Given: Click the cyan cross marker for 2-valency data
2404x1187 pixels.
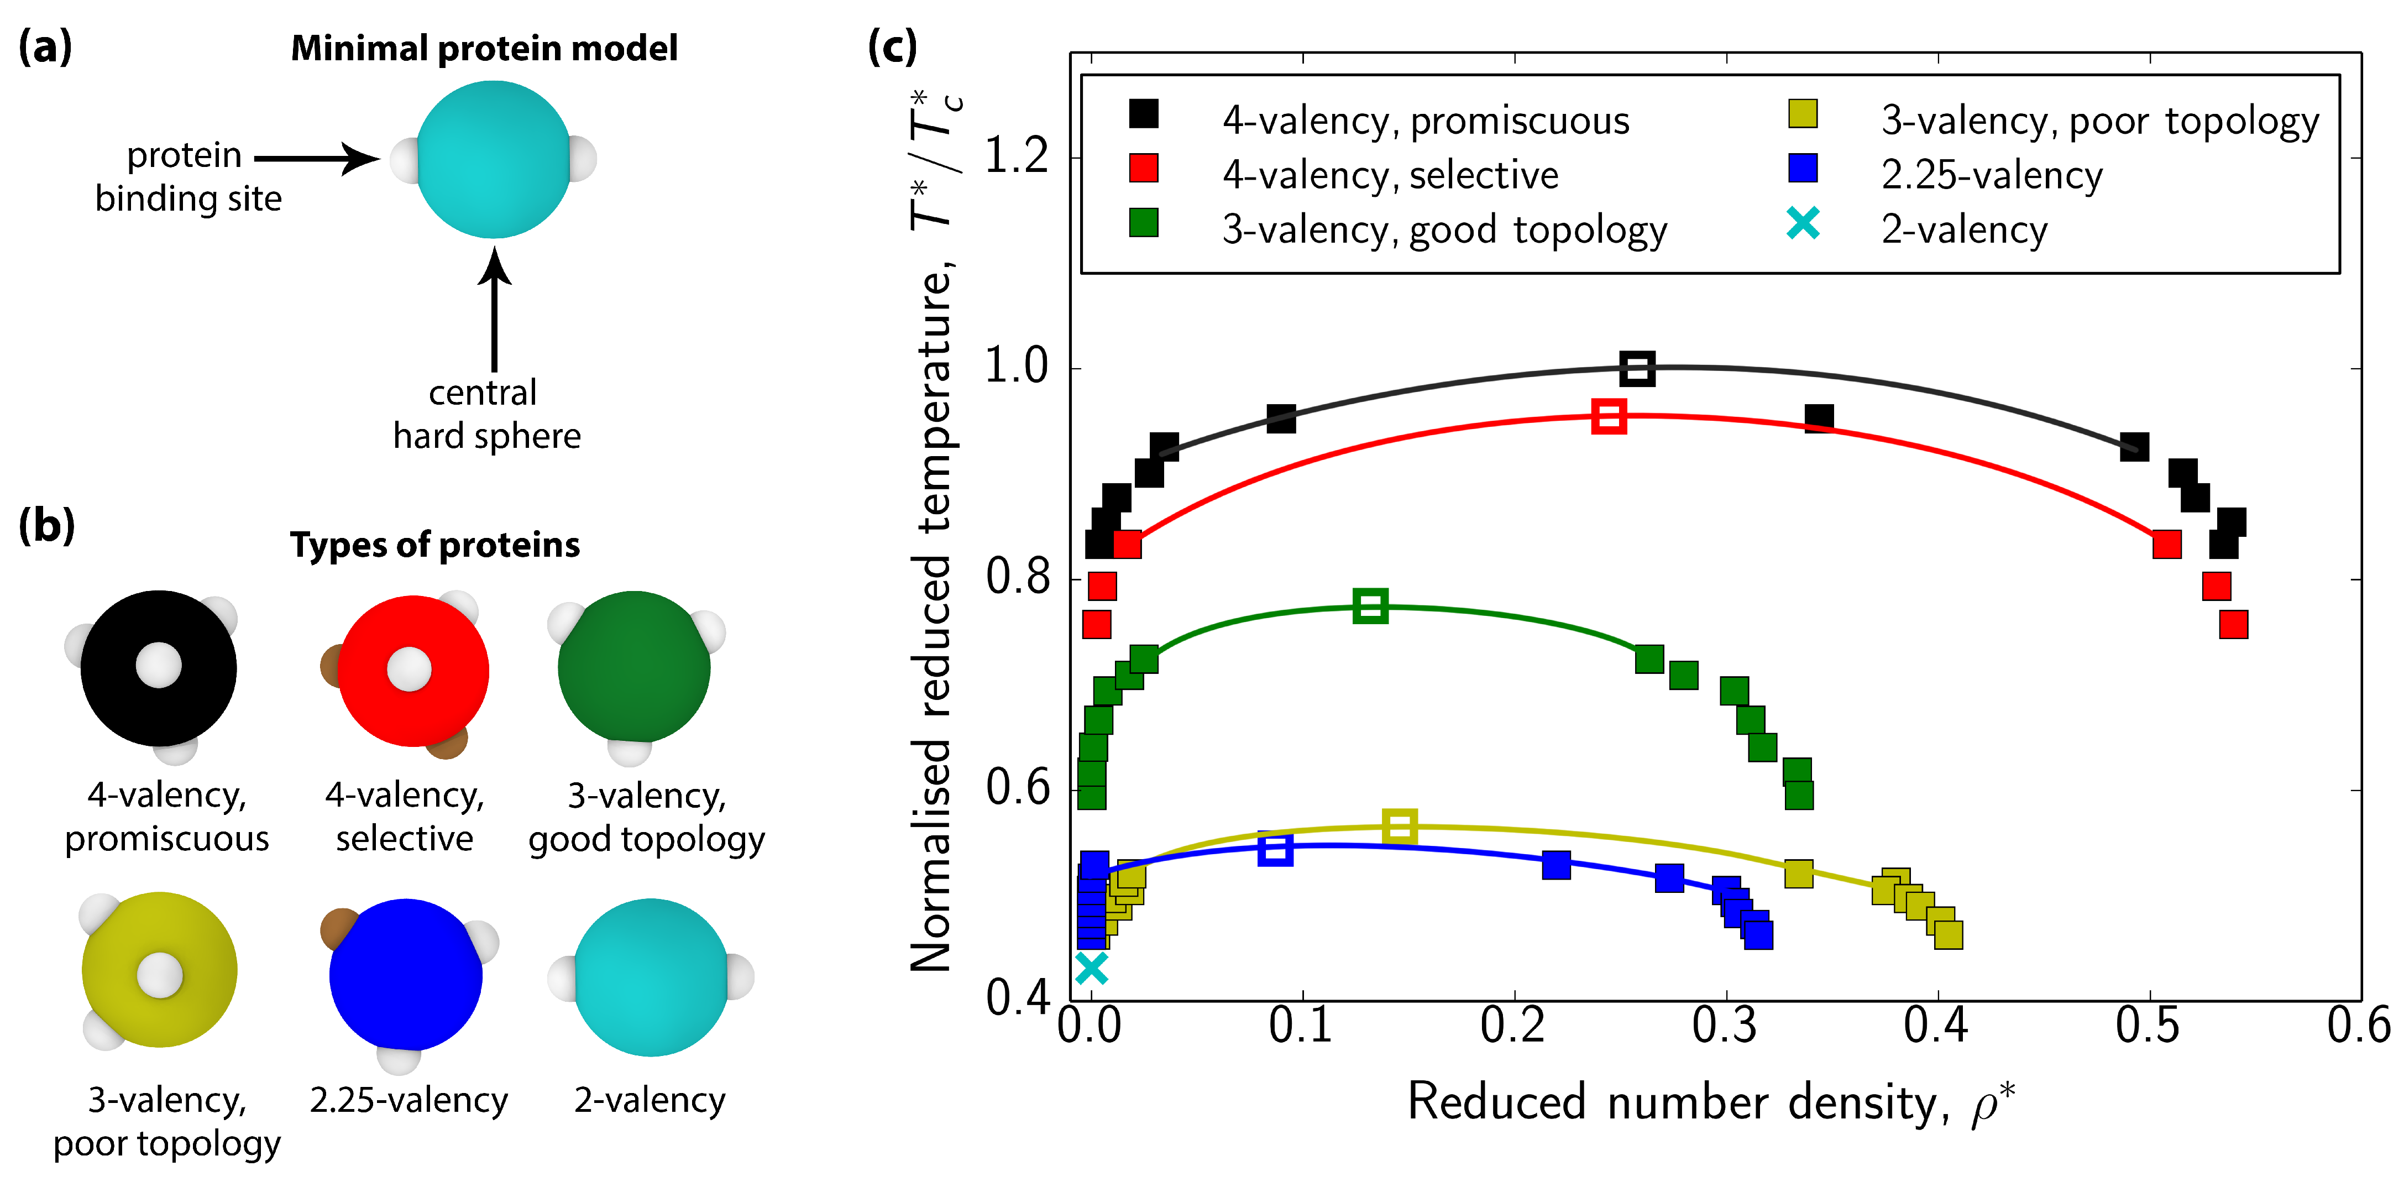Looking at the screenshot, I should tap(1091, 968).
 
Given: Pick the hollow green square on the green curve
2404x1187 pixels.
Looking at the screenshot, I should tap(1370, 605).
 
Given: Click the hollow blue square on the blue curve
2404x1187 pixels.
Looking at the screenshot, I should tap(1275, 849).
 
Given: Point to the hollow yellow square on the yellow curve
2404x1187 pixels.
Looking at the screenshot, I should tap(1399, 826).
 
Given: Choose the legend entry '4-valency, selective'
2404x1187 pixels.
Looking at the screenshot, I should tap(1391, 175).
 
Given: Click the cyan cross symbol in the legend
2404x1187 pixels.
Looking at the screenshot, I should tap(1803, 224).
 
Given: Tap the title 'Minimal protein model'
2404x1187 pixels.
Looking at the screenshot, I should tap(484, 49).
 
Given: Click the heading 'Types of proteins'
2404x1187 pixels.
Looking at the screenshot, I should tap(435, 545).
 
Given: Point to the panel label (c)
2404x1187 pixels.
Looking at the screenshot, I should tap(892, 46).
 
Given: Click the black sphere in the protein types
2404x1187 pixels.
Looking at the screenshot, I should tap(159, 668).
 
